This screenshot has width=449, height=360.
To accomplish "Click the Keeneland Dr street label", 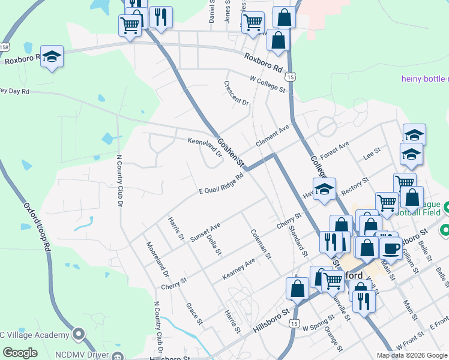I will [205, 148].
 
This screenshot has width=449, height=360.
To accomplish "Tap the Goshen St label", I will [231, 151].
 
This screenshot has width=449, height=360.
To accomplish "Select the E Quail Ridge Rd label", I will [222, 184].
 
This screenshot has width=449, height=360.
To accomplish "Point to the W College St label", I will [268, 83].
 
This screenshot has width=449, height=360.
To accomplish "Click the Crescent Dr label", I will [237, 94].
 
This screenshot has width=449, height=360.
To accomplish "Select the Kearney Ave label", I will [239, 268].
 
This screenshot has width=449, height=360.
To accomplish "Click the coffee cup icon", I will [391, 248].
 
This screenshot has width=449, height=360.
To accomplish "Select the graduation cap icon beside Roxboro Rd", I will [52, 56].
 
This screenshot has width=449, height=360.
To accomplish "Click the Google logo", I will [20, 352].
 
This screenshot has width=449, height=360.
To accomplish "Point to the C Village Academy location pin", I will [78, 333].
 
